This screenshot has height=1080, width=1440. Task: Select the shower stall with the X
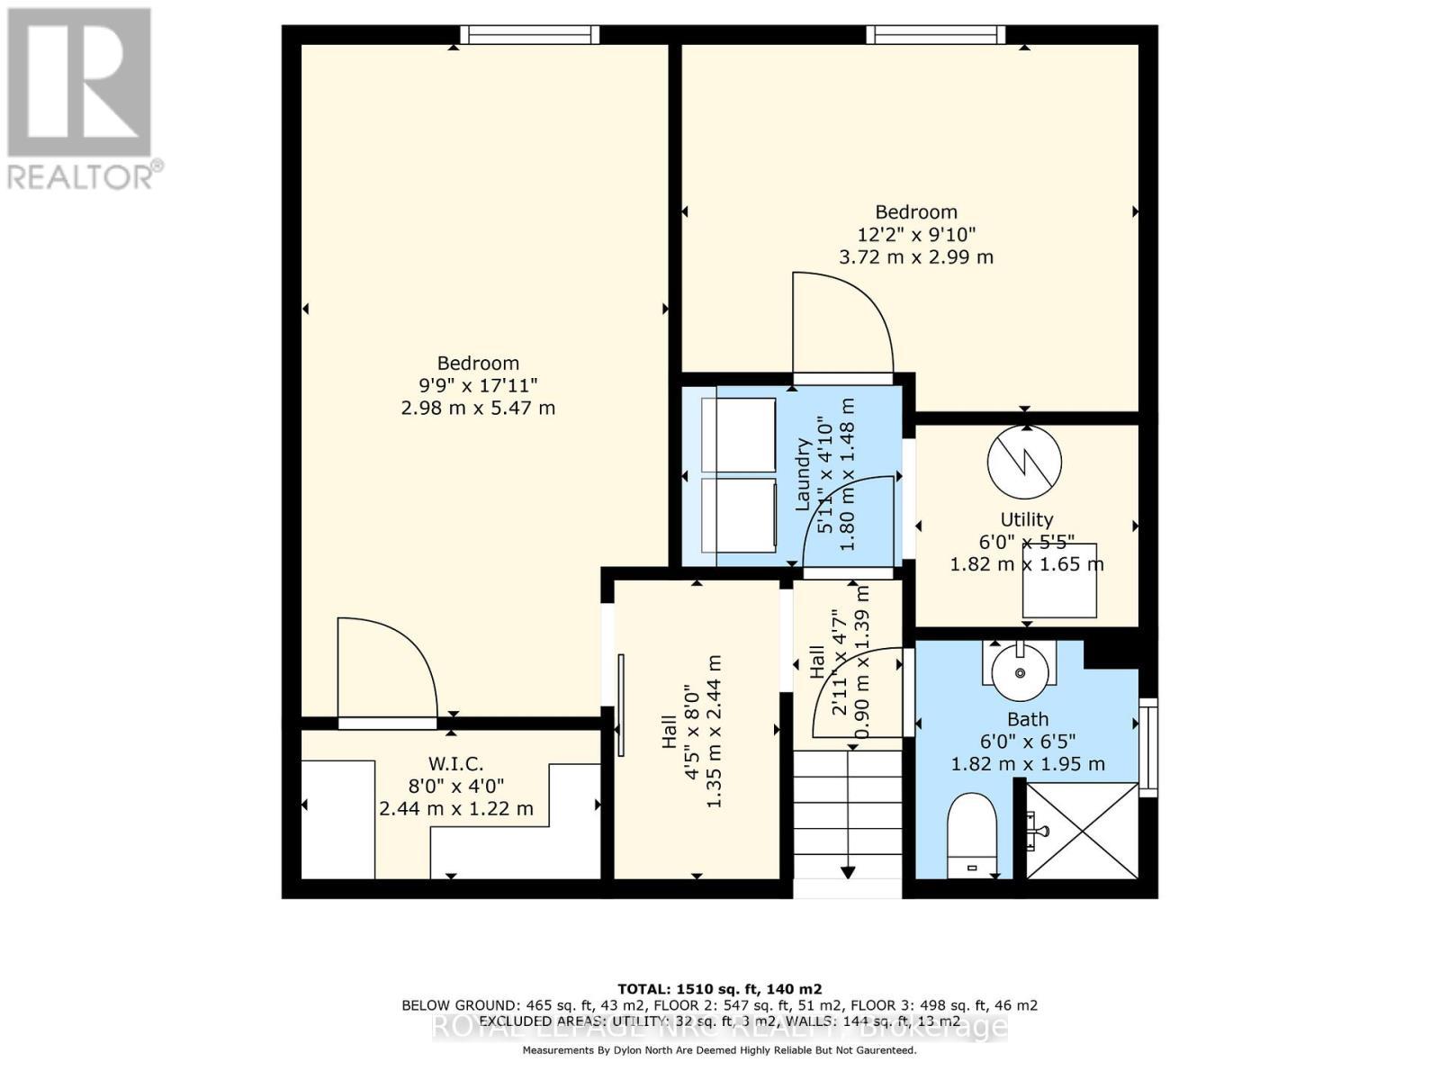click(x=1083, y=830)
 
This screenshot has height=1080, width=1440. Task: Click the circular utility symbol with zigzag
click(x=1024, y=462)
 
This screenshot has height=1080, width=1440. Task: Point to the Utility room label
click(x=1026, y=519)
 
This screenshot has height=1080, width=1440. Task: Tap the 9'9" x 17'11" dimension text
click(x=478, y=385)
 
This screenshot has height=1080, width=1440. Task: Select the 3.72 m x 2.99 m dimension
click(x=916, y=256)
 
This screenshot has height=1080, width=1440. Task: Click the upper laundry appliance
click(x=738, y=435)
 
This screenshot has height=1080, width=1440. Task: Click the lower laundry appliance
click(x=738, y=515)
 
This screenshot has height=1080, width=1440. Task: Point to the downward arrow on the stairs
click(x=848, y=869)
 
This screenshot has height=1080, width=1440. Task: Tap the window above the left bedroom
click(x=529, y=34)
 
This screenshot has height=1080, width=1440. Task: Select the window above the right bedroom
click(x=936, y=34)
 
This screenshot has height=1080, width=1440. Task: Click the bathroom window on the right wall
click(x=1147, y=746)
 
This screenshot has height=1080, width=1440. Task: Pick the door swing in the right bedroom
click(x=841, y=324)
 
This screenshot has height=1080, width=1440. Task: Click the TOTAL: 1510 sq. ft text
click(x=719, y=989)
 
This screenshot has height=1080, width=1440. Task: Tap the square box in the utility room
click(x=1059, y=580)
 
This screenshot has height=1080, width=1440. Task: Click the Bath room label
click(x=1027, y=719)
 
